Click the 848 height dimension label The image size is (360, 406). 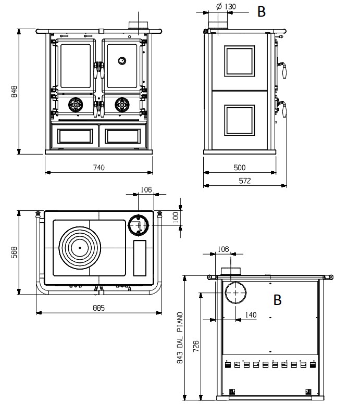(15, 92)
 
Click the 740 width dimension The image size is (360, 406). (99, 167)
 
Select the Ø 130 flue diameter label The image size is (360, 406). (225, 6)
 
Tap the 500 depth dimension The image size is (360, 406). (240, 167)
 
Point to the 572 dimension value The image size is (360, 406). (245, 181)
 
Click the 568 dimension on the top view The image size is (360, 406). (15, 252)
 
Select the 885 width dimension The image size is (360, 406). (99, 308)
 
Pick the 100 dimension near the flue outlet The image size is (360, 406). (176, 215)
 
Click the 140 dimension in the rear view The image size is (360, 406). (251, 315)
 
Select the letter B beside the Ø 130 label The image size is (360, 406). (262, 12)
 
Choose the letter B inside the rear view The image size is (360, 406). (277, 300)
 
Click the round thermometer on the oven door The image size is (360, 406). (121, 60)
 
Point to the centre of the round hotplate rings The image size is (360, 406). (80, 247)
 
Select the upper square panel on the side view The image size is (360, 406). (239, 61)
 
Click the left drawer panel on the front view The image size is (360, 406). (75, 136)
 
